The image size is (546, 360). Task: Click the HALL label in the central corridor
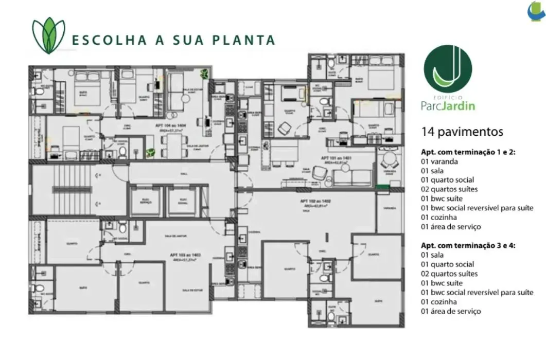pos(170,174)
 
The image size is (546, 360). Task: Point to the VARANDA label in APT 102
pos(390,208)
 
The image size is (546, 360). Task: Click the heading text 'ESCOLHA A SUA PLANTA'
pos(173,40)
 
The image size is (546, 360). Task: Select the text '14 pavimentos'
pos(462,132)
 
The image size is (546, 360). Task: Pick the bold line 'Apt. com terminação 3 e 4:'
pos(468,245)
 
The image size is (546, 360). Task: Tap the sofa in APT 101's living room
pos(353,176)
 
